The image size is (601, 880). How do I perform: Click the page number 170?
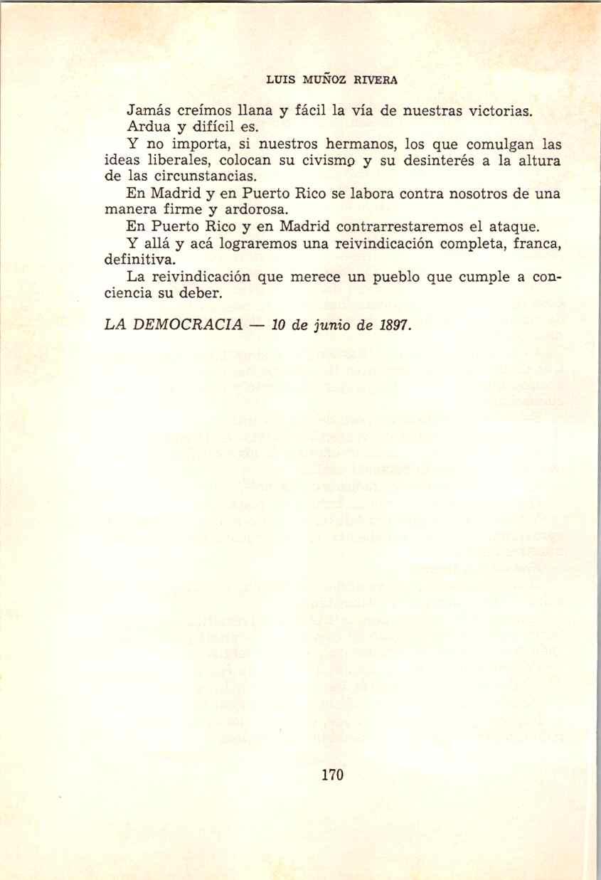[x=333, y=775]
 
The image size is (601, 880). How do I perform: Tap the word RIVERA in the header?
[x=377, y=80]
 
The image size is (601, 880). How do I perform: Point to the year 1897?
[x=393, y=324]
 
